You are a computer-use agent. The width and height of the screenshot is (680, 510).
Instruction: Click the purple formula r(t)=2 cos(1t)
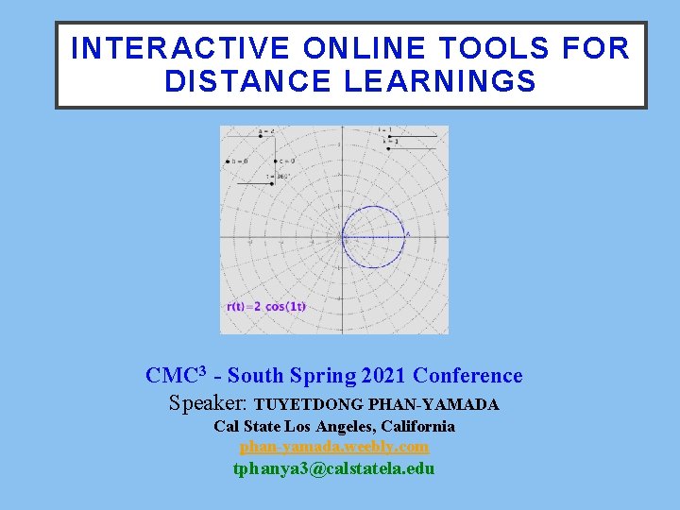click(266, 306)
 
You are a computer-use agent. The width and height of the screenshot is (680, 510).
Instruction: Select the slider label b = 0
click(238, 161)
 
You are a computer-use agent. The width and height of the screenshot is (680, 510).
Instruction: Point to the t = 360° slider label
click(282, 176)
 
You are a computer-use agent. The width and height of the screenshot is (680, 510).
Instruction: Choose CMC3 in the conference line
click(177, 376)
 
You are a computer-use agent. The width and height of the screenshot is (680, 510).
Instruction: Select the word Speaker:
click(209, 403)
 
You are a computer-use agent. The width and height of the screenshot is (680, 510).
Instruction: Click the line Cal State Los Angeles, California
click(334, 426)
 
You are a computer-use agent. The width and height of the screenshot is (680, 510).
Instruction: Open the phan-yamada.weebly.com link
click(334, 447)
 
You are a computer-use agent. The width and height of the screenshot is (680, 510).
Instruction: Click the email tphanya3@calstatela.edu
click(334, 468)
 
